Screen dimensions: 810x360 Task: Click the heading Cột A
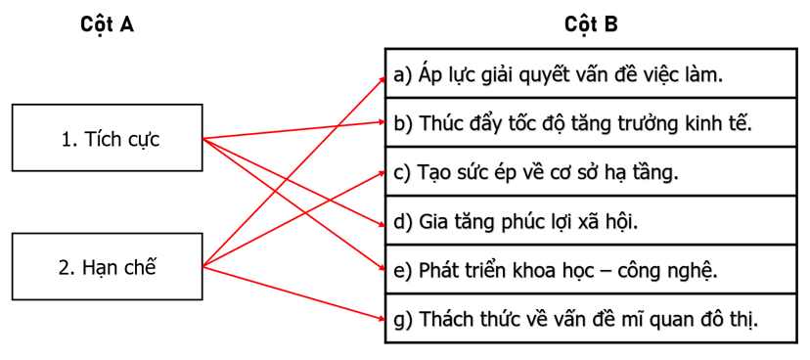coord(107,25)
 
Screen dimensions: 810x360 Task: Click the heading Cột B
coord(591,25)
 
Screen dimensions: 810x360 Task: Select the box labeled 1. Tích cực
coord(108,139)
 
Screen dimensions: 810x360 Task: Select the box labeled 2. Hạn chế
coord(108,266)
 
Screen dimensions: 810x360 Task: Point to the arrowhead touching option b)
coord(382,122)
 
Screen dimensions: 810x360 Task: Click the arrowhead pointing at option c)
coord(382,170)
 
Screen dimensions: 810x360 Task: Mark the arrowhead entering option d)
coord(382,225)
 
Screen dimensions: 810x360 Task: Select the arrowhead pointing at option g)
coord(382,316)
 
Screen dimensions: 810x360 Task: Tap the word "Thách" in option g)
coord(447,319)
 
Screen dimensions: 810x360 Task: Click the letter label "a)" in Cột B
coord(403,74)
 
